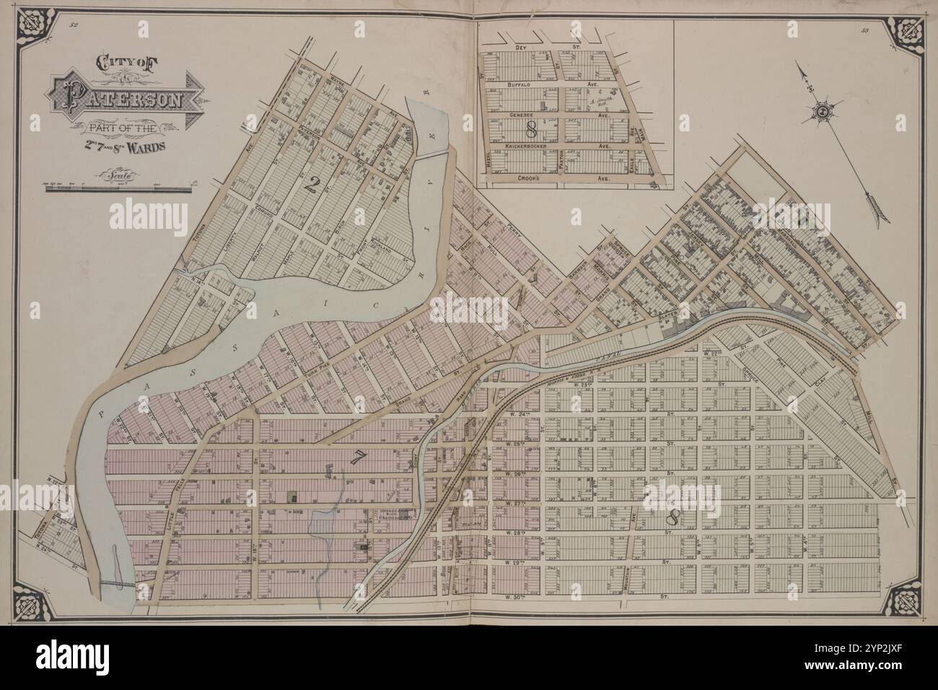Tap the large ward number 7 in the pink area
tap(356, 456)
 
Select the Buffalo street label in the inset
tap(520, 84)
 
